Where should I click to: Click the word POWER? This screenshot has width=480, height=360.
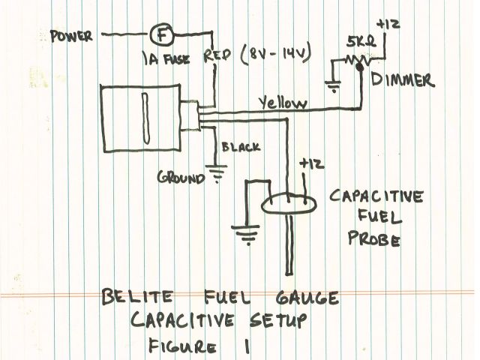coord(71,36)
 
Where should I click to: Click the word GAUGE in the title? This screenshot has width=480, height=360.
coord(301,298)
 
